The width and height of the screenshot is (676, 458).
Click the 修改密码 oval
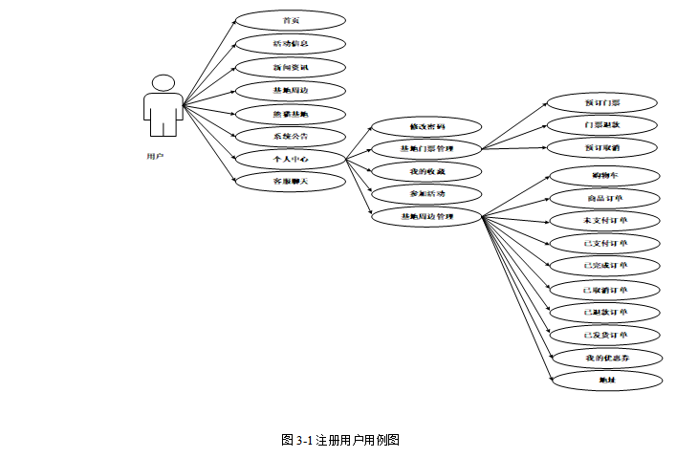[x=426, y=126]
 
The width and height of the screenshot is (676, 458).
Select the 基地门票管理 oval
[x=426, y=149]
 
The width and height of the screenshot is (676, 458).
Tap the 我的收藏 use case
[x=426, y=172]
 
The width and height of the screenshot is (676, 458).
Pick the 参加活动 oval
[x=426, y=194]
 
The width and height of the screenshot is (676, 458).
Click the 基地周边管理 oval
[x=426, y=217]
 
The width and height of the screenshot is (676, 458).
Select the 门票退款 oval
[x=602, y=125]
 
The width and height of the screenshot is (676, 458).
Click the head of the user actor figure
[x=164, y=84]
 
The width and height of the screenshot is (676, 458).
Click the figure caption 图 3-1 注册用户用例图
[x=339, y=440]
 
